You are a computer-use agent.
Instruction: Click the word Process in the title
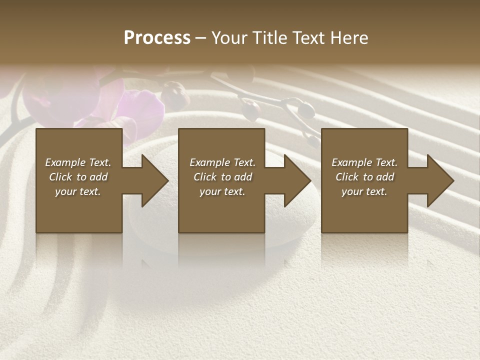point(157,38)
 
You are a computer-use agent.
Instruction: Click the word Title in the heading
point(269,38)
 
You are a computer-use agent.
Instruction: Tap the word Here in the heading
point(348,38)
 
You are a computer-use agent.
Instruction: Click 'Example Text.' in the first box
point(78,162)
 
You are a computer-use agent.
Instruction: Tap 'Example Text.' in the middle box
point(222,162)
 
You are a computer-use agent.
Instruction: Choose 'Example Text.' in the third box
point(364,162)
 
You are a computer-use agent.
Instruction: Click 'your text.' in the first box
point(78,191)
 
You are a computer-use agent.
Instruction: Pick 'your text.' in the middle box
point(222,191)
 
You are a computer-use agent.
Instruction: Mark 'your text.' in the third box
point(364,191)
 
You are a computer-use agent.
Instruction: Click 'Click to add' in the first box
point(78,177)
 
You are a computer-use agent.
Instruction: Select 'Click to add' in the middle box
point(222,177)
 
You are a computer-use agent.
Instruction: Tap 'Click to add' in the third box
point(364,177)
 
